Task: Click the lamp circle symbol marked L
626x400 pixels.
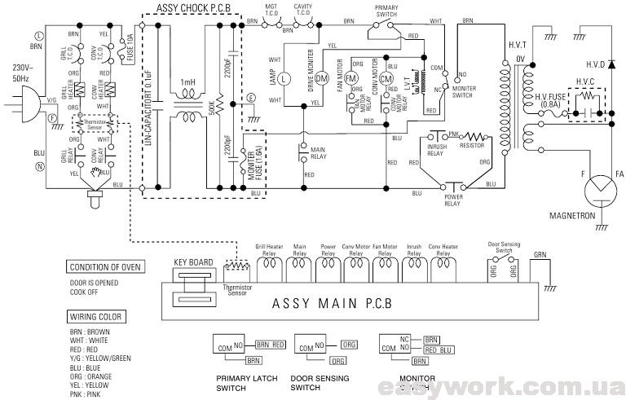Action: (284, 79)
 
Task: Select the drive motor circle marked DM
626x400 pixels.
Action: (321, 78)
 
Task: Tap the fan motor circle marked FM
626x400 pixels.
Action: (352, 77)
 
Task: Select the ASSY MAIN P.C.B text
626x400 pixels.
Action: (342, 304)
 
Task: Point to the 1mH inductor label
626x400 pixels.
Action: (188, 83)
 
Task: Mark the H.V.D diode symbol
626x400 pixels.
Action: (611, 63)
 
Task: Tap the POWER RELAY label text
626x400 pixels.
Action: (453, 200)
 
